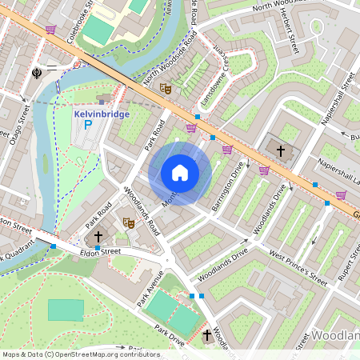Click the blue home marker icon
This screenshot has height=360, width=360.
click(180, 173)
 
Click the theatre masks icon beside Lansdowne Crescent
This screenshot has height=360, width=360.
click(166, 88)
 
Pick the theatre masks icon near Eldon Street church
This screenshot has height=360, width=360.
click(127, 222)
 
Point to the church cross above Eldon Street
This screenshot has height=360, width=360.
click(98, 237)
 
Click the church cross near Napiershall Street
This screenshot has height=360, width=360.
click(280, 149)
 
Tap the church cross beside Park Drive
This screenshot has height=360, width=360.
click(208, 334)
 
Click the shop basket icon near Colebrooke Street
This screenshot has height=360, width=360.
click(51, 30)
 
